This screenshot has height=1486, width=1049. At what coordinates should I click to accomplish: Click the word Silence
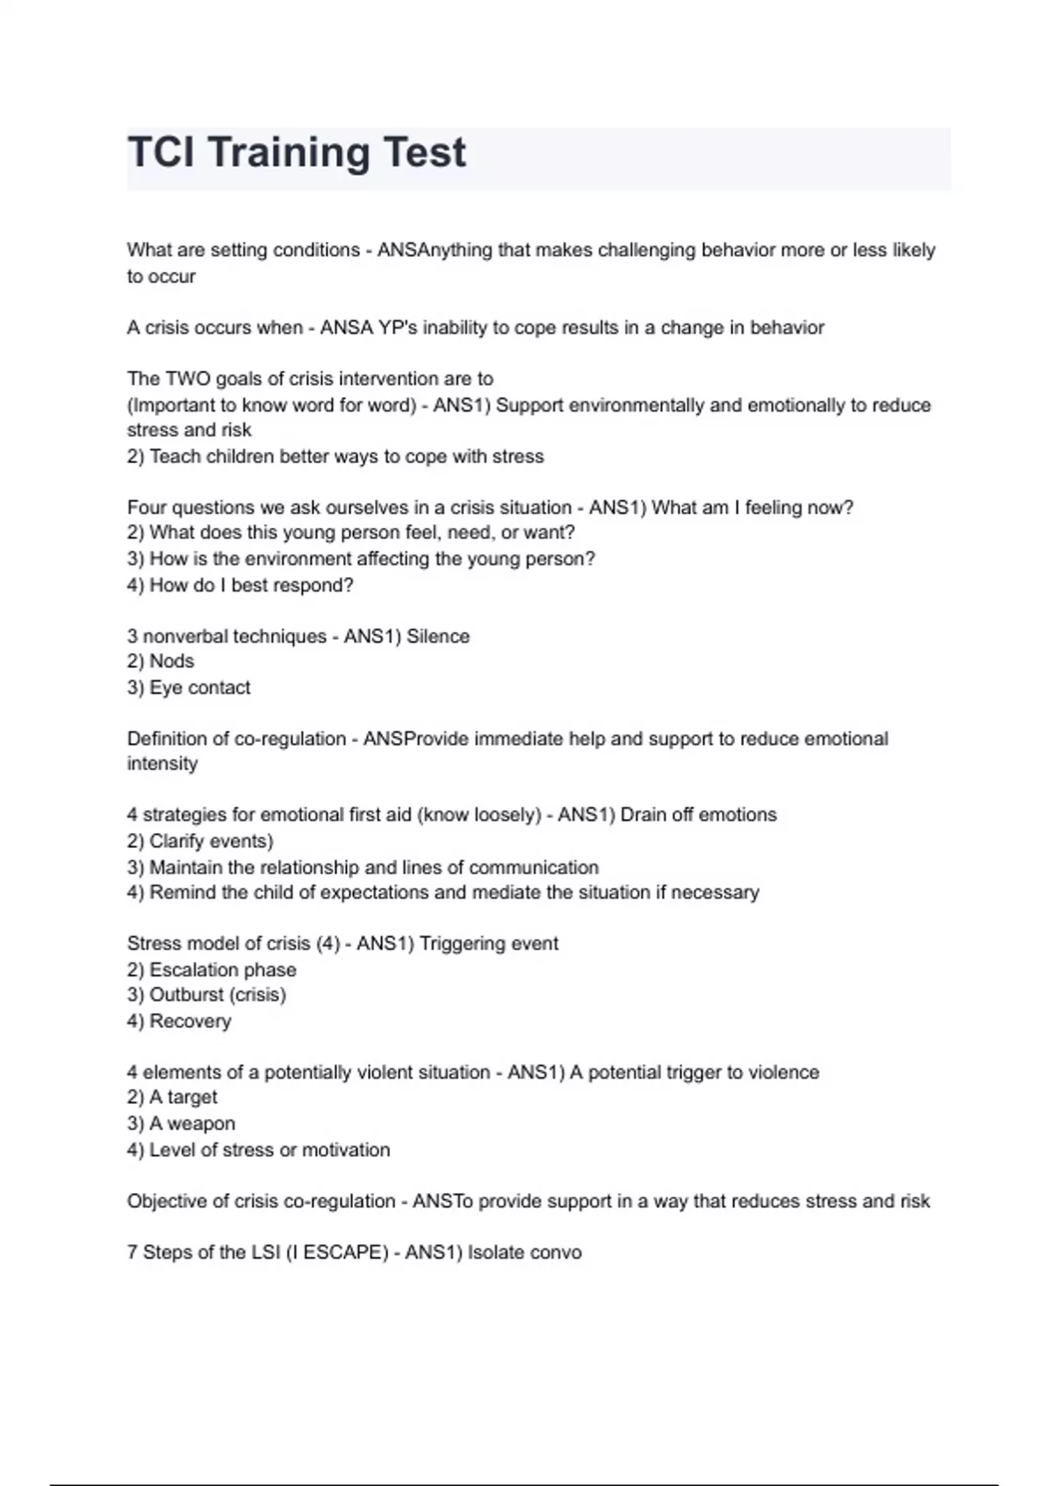(x=438, y=636)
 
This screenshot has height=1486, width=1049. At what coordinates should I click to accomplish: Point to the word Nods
(x=171, y=662)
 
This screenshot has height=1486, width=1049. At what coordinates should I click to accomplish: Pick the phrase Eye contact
(x=200, y=688)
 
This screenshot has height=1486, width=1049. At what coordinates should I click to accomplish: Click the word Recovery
(x=191, y=1021)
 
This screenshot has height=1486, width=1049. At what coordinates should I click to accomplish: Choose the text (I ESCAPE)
(x=337, y=1252)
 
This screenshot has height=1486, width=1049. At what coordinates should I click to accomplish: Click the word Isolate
(x=497, y=1252)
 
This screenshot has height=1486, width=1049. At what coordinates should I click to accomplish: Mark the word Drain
(x=643, y=815)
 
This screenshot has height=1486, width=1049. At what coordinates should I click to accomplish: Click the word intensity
(x=163, y=764)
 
